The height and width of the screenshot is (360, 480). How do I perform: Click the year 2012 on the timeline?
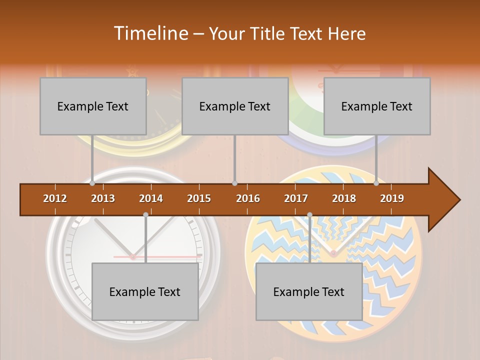point(55,198)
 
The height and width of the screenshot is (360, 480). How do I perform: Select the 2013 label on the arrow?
point(103,198)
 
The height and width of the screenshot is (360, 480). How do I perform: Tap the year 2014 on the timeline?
point(151,198)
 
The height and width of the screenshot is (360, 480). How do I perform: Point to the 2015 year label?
point(199,198)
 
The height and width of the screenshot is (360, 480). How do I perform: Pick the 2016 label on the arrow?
point(248,198)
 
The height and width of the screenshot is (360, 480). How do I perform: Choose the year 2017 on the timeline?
point(296,198)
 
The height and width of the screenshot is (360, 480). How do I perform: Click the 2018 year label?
point(344,198)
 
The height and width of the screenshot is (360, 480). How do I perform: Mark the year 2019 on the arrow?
point(392,198)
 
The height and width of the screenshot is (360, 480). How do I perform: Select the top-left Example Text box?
point(93,106)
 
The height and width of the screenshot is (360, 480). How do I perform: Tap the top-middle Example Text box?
point(235,106)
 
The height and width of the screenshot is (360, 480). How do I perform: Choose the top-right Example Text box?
point(377,106)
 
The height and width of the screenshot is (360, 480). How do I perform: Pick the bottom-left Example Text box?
point(145,291)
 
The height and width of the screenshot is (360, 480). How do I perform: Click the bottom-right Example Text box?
point(309,291)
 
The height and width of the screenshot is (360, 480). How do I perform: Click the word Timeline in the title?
point(150,33)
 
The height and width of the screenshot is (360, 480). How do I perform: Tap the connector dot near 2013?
point(92,183)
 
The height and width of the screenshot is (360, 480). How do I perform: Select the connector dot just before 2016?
point(234,183)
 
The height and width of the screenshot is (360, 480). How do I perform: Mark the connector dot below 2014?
point(145,215)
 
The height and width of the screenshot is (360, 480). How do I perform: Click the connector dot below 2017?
point(309,215)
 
